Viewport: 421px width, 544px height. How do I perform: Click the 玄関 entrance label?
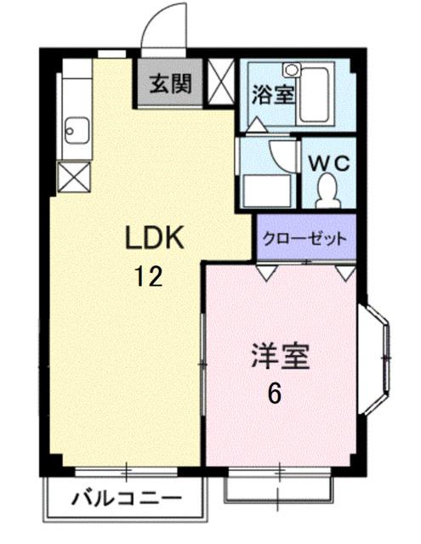pos(170,83)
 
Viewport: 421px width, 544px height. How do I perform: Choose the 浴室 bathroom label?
pos(273,94)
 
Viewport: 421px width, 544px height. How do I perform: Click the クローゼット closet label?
pos(304,239)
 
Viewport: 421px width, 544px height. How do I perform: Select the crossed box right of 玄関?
pos(219,82)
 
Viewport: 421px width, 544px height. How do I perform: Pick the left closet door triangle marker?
pos(266,273)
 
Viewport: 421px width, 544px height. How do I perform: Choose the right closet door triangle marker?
pos(345,273)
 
